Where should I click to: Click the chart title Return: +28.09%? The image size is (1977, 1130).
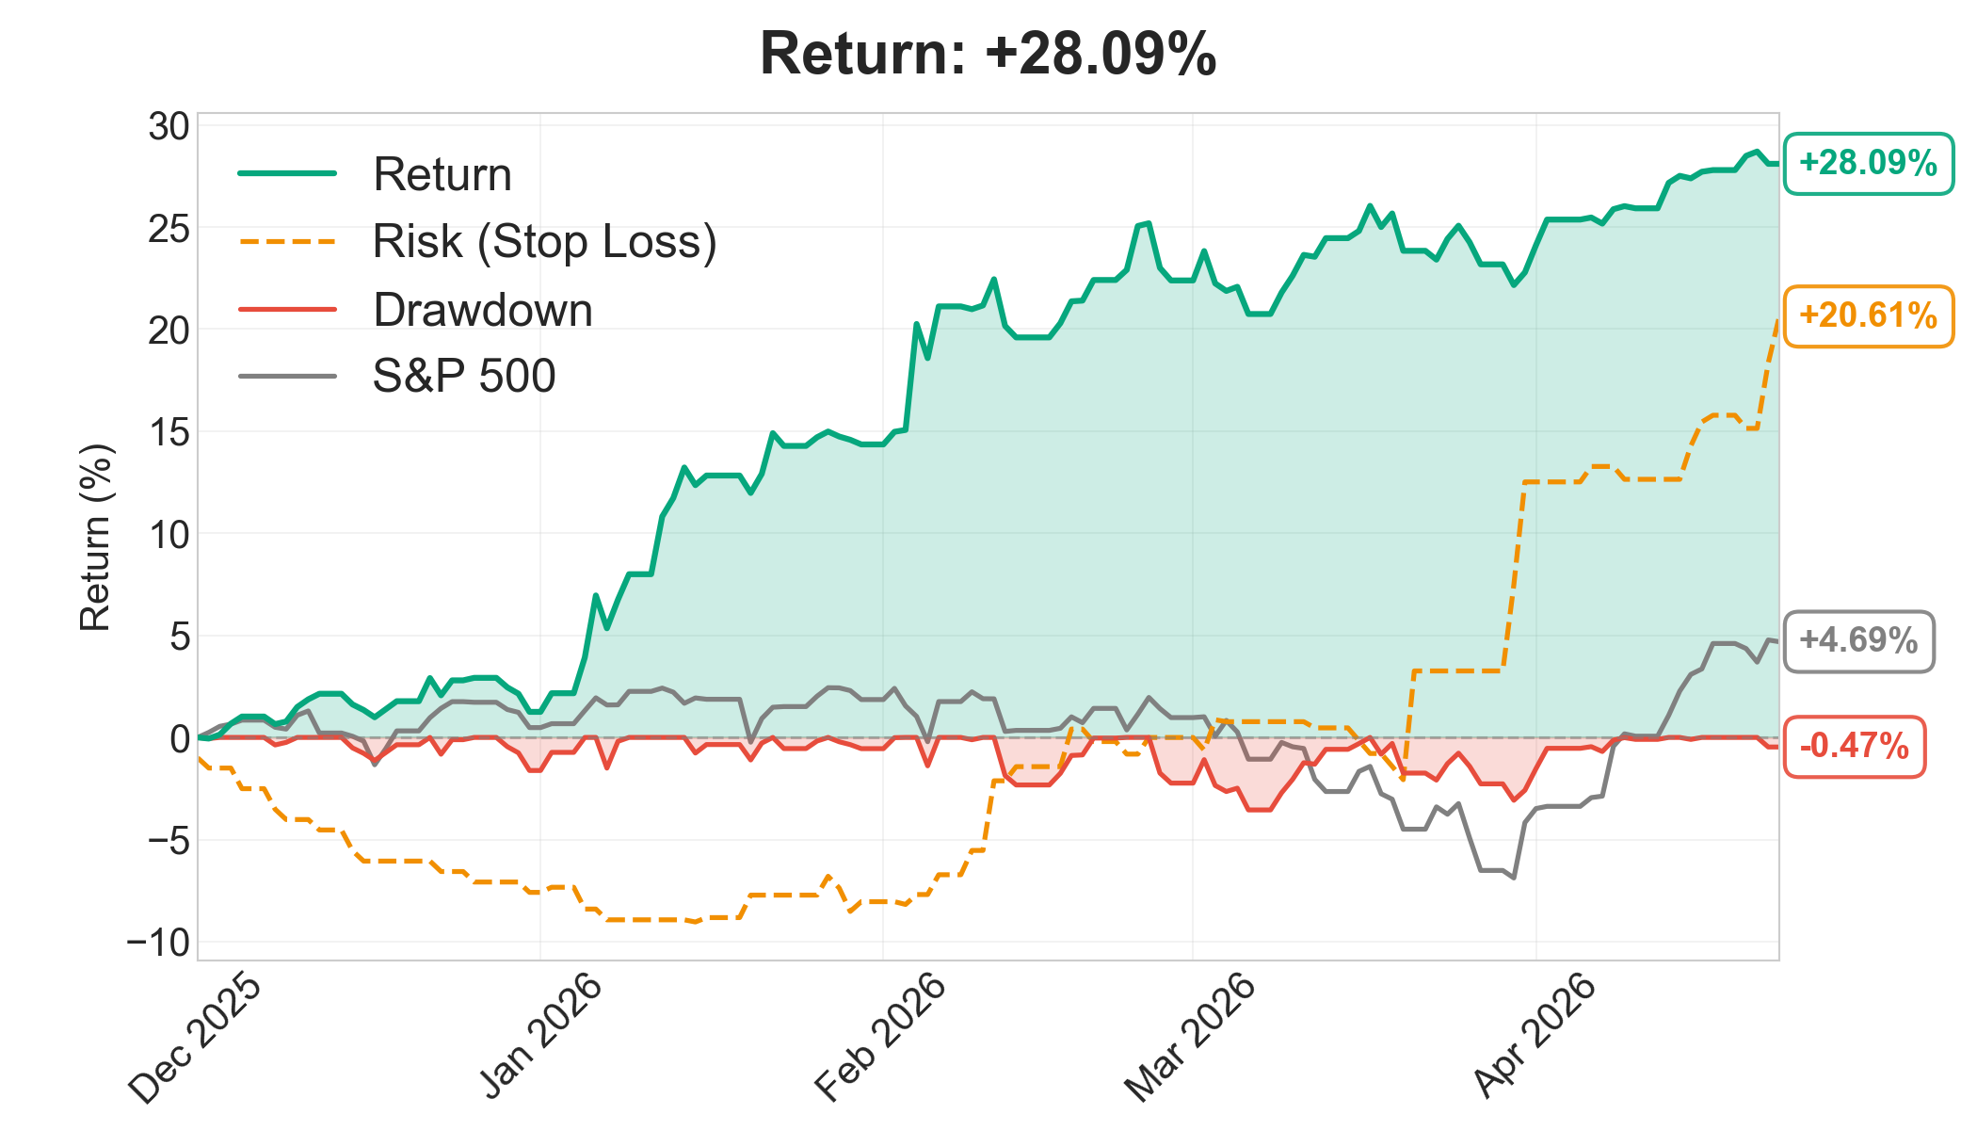988,54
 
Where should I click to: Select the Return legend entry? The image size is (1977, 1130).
376,174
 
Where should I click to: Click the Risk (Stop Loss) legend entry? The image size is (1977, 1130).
478,242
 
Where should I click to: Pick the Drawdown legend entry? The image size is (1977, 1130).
416,310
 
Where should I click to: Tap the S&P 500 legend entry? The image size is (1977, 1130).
397,376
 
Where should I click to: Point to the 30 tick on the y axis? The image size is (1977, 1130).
169,126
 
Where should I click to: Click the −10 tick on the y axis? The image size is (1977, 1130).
158,943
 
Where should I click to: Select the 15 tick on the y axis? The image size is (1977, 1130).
169,432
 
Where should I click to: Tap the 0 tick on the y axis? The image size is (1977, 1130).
179,738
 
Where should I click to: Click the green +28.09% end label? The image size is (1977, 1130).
1868,164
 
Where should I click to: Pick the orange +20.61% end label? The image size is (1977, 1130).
1868,315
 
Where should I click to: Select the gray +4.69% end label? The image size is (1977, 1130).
1858,641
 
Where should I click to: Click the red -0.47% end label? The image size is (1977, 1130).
1854,747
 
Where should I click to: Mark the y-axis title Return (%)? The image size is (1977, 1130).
95,537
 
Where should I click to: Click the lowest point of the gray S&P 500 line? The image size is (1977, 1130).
1514,878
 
